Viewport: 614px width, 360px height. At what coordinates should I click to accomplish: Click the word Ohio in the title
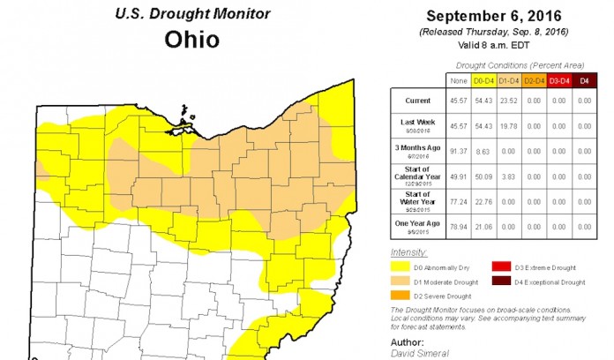191,41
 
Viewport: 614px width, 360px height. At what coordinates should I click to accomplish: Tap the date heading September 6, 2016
495,16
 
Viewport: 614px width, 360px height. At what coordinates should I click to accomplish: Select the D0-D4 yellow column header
483,80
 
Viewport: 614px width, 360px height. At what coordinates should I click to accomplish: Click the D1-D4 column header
508,80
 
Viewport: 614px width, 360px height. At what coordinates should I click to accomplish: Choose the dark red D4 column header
582,80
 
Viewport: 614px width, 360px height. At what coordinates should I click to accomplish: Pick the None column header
458,80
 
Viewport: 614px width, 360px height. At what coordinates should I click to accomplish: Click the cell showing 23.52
508,101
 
